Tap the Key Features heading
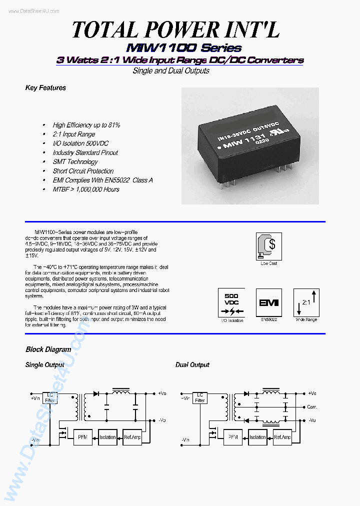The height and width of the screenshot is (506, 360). coord(45,88)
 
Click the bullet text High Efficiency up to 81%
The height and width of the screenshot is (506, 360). coord(86,125)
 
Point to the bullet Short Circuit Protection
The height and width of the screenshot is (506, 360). coord(83,171)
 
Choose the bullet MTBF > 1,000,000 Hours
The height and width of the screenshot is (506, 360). coord(86,189)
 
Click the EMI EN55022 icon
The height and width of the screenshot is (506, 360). coord(268,302)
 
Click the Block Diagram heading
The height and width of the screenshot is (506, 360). coord(48,349)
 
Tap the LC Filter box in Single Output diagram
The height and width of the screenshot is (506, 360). coord(49,397)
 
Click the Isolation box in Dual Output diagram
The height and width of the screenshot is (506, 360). coord(257,437)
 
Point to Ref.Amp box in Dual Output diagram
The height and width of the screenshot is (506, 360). coord(282,437)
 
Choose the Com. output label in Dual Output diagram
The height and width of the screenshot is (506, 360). coord(312,407)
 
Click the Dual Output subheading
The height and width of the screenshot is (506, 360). coord(192,365)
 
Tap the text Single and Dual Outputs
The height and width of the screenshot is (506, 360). coord(171,71)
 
